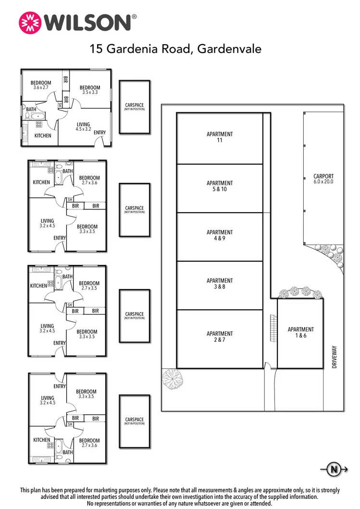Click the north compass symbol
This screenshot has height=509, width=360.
pyautogui.click(x=333, y=469)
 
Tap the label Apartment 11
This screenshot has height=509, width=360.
pyautogui.click(x=220, y=137)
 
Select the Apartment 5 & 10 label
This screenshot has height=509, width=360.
pyautogui.click(x=220, y=186)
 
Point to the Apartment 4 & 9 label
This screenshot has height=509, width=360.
pyautogui.click(x=220, y=235)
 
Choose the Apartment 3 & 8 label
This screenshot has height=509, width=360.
pyautogui.click(x=220, y=284)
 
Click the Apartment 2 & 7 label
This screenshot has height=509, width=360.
pyautogui.click(x=220, y=337)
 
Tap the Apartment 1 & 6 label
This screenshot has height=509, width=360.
pyautogui.click(x=301, y=332)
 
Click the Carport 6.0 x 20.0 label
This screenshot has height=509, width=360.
pyautogui.click(x=323, y=179)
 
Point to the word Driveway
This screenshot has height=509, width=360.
pyautogui.click(x=334, y=357)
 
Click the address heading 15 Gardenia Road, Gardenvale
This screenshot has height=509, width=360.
pyautogui.click(x=175, y=49)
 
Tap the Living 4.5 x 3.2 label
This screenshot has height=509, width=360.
pyautogui.click(x=83, y=127)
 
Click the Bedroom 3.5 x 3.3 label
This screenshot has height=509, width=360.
pyautogui.click(x=90, y=90)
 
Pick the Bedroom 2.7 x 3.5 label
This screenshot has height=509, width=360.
pyautogui.click(x=89, y=286)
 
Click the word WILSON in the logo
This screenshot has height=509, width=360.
pyautogui.click(x=87, y=22)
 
